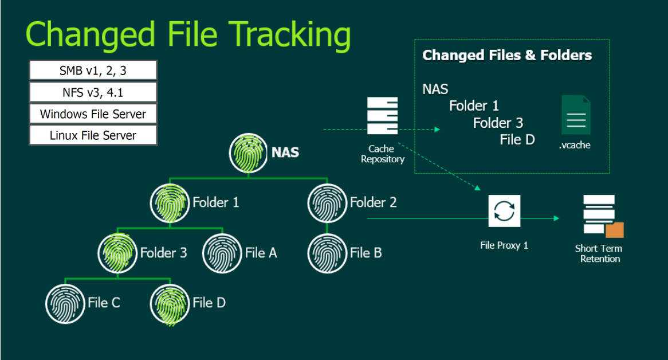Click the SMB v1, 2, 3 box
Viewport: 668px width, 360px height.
point(93,71)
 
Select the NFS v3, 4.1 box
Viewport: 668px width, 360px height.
point(93,92)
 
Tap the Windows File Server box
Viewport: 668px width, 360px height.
point(93,114)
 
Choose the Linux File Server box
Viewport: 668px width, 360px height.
point(93,135)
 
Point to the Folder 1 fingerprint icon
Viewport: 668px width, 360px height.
point(170,202)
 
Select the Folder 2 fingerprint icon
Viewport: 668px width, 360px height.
point(327,202)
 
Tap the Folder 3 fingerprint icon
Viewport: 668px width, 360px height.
point(117,253)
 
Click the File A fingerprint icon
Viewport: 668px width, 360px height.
point(222,253)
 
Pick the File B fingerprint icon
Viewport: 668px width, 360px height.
point(327,253)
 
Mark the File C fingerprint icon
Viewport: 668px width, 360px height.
point(65,303)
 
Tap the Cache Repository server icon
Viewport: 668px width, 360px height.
point(382,117)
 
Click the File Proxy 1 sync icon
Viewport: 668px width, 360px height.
point(504,211)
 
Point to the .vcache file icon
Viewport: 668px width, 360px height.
point(575,115)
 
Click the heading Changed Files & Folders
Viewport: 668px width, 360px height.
point(507,56)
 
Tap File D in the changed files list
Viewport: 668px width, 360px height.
point(517,139)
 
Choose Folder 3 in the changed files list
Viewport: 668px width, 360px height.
point(498,123)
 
